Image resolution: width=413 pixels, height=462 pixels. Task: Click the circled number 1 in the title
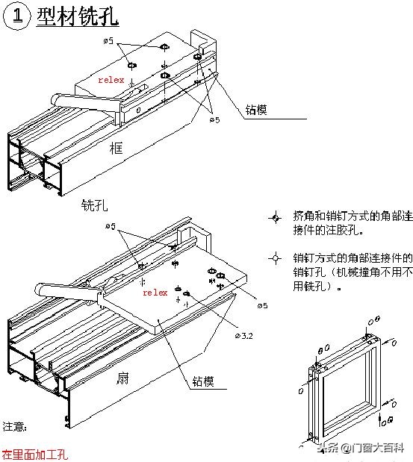(16, 18)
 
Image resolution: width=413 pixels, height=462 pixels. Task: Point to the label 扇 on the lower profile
(121, 378)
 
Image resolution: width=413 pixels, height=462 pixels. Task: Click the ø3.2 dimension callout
(243, 336)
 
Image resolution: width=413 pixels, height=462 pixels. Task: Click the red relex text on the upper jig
(112, 79)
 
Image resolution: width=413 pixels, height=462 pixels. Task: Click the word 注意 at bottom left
(13, 428)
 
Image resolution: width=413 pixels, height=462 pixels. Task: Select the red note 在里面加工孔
(34, 453)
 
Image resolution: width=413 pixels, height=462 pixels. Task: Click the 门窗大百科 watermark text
(377, 448)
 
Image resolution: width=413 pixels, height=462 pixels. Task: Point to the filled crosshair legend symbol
(275, 217)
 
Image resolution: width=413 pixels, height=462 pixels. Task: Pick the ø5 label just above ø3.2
(262, 306)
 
